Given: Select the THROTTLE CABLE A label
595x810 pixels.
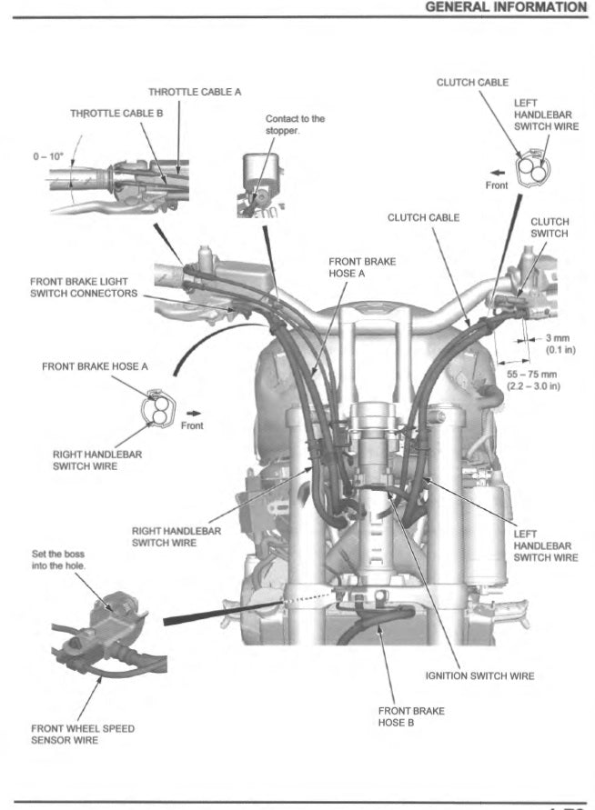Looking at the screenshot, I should point(195,92).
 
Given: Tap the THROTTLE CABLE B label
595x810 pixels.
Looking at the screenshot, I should point(116,114).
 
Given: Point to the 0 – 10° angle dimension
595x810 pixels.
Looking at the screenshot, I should point(48,156).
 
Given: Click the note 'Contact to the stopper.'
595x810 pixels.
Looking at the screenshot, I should point(294,125).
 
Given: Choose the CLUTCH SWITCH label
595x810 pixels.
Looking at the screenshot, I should point(550,227).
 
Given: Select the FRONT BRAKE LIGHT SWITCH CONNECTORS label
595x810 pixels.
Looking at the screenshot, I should point(84,287).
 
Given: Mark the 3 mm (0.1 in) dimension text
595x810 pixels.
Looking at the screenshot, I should point(557,344).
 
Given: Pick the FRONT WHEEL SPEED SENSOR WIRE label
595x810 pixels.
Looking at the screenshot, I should point(83,734).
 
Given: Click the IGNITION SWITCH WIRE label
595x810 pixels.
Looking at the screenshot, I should point(479,675).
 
